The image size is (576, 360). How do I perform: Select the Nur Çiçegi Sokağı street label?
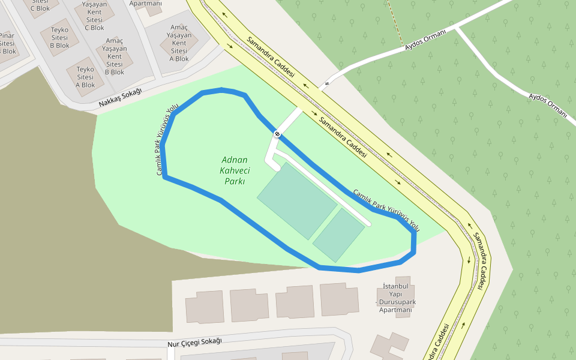coord(194,341)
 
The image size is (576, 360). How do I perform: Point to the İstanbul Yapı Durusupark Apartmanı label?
coord(395,298)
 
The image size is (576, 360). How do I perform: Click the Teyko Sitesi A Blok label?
coord(85,77)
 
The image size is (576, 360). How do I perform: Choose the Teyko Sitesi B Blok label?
coord(59,37)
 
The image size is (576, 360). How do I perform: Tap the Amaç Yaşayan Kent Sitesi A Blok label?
coord(179,43)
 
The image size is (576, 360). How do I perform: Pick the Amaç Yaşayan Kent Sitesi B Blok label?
coord(114,56)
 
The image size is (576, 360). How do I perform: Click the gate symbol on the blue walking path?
coord(277,134)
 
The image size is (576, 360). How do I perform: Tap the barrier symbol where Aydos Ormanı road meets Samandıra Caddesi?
coord(327,83)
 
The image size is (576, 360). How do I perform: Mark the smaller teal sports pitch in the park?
coord(338,235)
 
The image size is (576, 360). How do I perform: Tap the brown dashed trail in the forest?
coord(393,21)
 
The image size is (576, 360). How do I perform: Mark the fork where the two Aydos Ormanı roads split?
coord(457,28)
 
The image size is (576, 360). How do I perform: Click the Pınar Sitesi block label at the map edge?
coord(7,43)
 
